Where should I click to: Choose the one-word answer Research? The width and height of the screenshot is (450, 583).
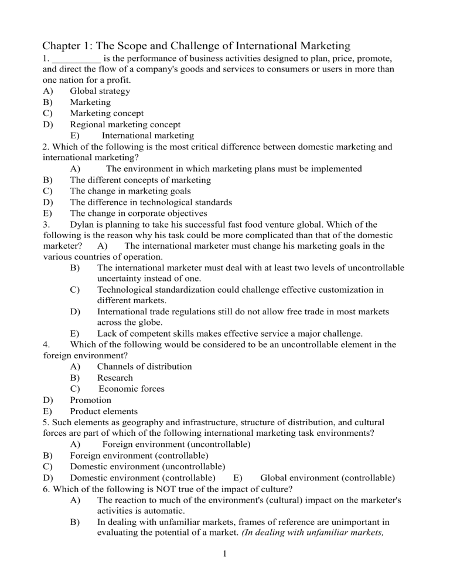[x=115, y=378]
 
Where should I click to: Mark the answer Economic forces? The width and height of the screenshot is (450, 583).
[x=132, y=389]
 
